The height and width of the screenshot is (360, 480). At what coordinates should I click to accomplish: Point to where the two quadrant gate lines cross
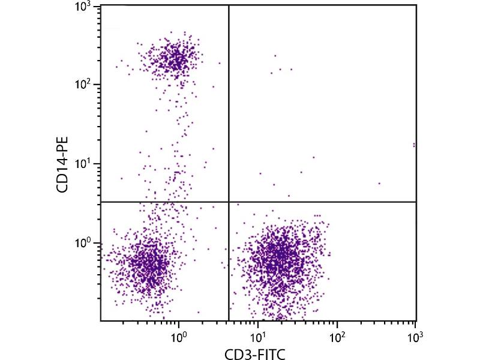click(x=229, y=202)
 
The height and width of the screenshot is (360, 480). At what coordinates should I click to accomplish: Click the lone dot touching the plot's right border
click(x=414, y=145)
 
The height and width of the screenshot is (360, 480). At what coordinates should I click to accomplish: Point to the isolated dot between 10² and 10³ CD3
click(x=379, y=184)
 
